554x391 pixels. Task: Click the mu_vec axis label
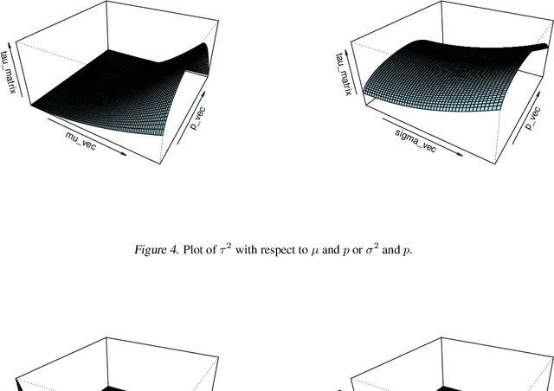click(x=81, y=140)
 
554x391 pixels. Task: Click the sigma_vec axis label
click(x=415, y=141)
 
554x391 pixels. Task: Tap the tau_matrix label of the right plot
click(x=344, y=74)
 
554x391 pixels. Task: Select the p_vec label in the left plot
click(x=198, y=119)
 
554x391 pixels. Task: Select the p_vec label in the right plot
click(x=533, y=119)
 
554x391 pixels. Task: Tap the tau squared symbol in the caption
click(x=225, y=249)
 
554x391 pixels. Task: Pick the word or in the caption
click(x=358, y=251)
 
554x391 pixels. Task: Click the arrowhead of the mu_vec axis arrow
click(x=124, y=153)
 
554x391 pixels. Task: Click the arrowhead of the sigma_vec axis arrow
click(x=460, y=154)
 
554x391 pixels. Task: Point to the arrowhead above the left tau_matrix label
click(x=10, y=45)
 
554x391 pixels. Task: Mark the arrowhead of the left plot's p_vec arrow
click(x=203, y=93)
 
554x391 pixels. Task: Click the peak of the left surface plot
click(x=203, y=43)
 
